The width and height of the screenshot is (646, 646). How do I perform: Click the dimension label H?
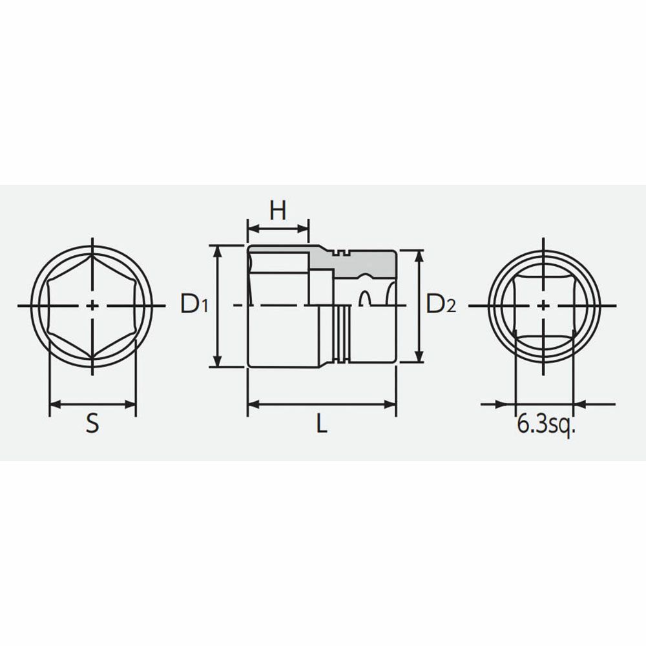pyautogui.click(x=278, y=211)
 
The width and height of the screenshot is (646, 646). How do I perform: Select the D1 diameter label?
pyautogui.click(x=194, y=304)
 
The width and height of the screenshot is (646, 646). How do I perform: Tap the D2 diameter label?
pyautogui.click(x=441, y=304)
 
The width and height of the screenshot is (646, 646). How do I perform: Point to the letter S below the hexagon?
pyautogui.click(x=92, y=423)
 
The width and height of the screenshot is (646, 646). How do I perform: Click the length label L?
pyautogui.click(x=322, y=423)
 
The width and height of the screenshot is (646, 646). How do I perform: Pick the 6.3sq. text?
pyautogui.click(x=545, y=425)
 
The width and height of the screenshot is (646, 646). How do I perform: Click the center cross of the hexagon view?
pyautogui.click(x=92, y=306)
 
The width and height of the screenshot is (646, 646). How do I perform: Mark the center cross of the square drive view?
pyautogui.click(x=544, y=306)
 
